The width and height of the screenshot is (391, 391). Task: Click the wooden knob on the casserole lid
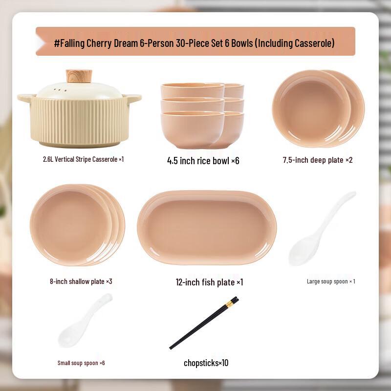coord(79,76)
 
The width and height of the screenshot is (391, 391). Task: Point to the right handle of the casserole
coord(133,98)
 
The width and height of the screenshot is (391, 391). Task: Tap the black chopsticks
coord(203,323)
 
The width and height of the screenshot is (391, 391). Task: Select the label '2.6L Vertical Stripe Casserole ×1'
coord(83,159)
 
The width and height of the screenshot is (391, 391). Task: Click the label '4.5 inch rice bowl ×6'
coord(203,160)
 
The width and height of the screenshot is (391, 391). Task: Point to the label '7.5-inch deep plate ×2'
coord(317,160)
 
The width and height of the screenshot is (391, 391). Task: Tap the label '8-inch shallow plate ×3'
coord(81,281)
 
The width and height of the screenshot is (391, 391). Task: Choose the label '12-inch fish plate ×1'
coord(209,282)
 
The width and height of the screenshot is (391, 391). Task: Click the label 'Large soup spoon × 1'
coord(330,281)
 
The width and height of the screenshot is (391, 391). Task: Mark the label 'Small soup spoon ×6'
coord(81,363)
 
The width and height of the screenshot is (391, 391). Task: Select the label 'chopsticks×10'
coord(206,363)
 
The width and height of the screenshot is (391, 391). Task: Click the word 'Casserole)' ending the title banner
coord(314,43)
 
